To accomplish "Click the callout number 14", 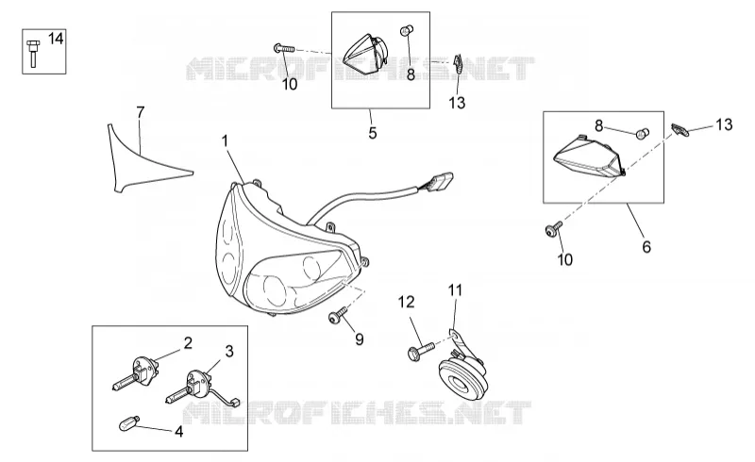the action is coord(56,38).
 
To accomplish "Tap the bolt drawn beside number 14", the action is coord(33,53).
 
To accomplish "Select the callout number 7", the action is coord(140,112).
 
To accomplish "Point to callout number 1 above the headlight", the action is coord(225,141).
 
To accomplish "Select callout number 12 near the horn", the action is coord(406,303).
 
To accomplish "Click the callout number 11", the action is coord(456,290).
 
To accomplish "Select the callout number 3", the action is coord(229,352).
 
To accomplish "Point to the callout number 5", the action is coord(373,133).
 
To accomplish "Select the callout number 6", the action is coord(646,247).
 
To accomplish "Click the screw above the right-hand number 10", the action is coord(553,228).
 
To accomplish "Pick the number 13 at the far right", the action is coord(724,124).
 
